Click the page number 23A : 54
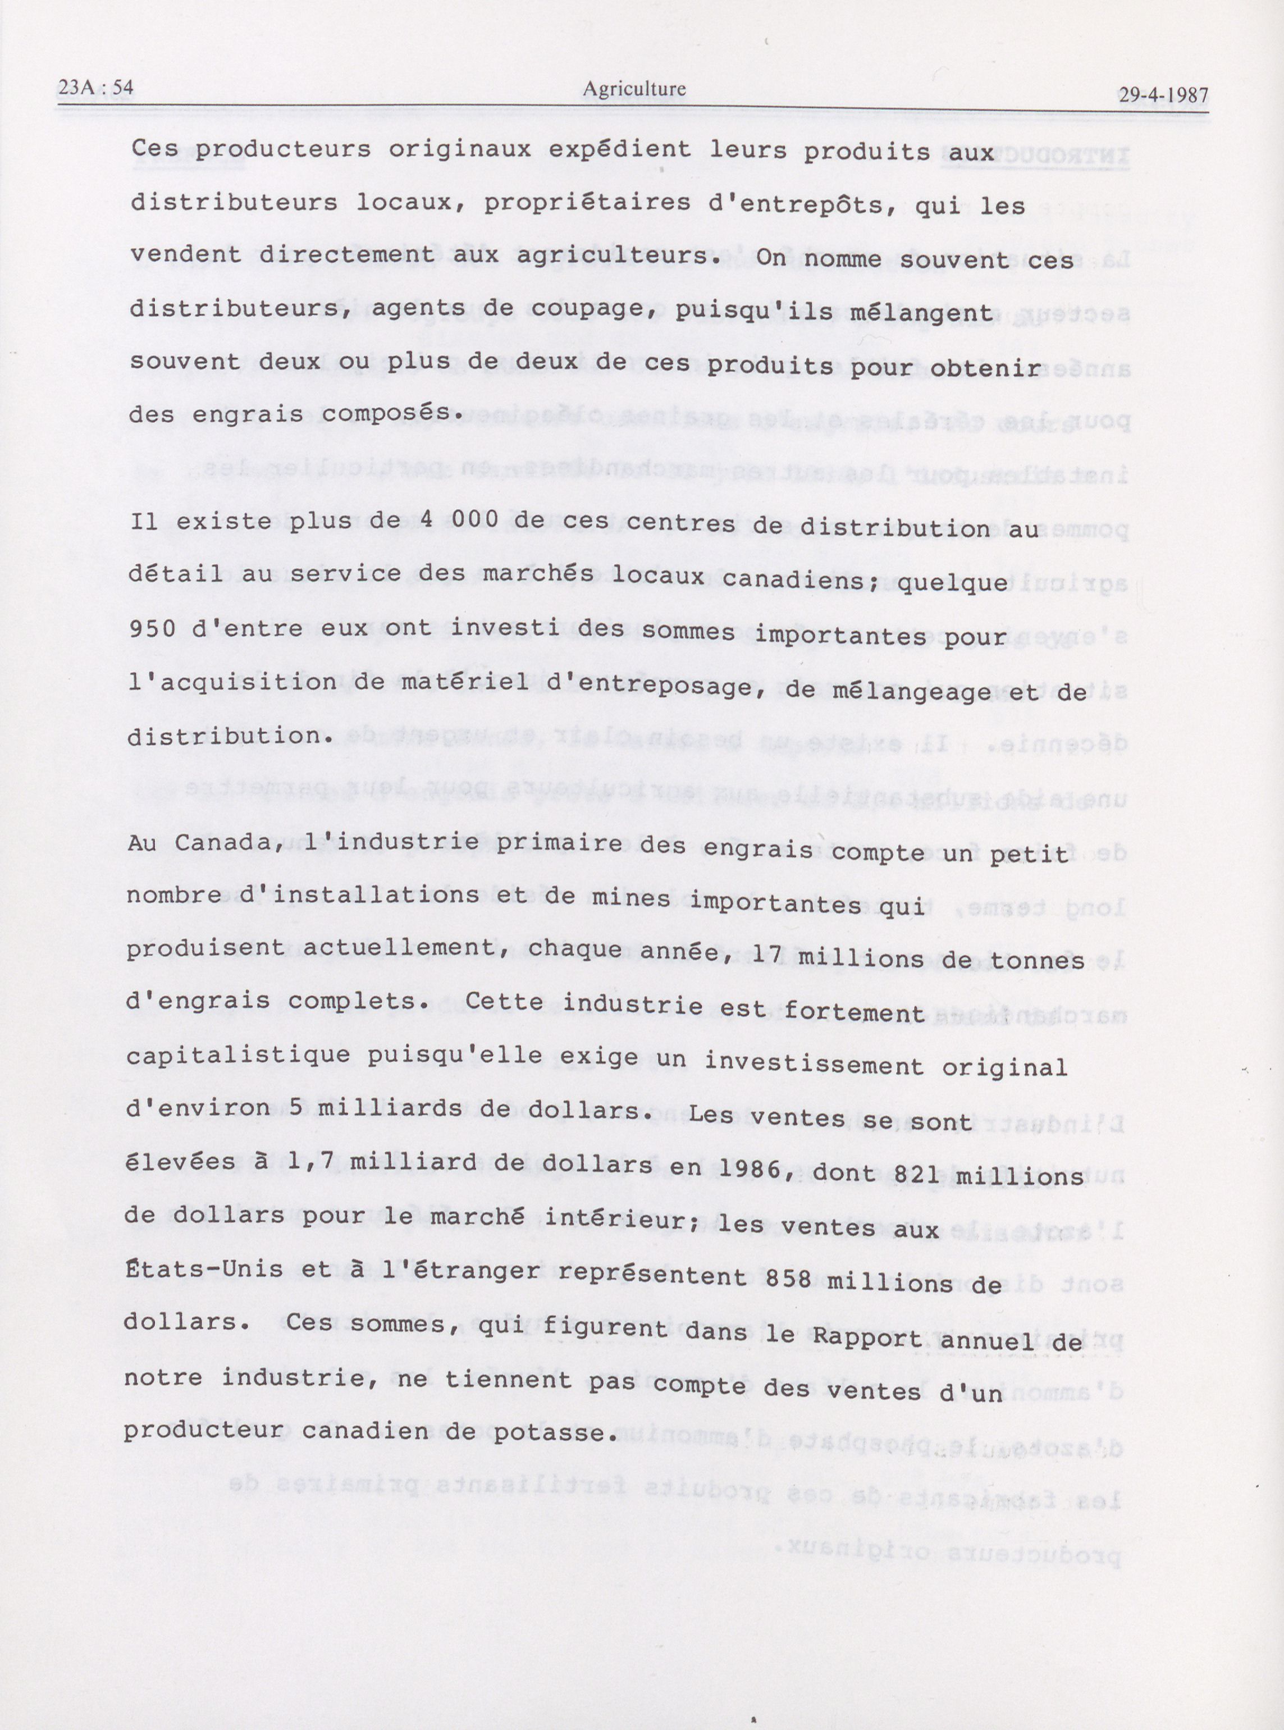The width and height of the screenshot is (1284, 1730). tap(95, 87)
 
